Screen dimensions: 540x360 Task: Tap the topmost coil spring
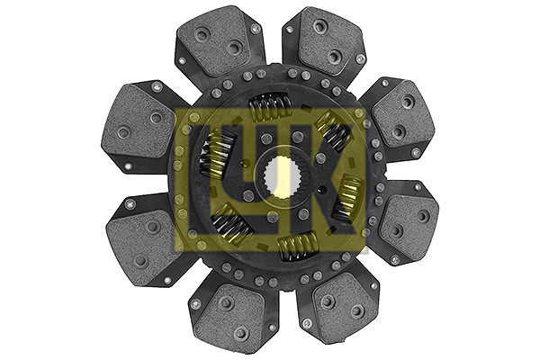270,106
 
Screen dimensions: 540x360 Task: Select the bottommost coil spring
298,246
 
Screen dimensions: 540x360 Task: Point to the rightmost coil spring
347,197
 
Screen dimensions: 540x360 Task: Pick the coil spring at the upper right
333,130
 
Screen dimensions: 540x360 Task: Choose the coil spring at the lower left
231,222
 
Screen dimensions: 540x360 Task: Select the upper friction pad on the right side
403,116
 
